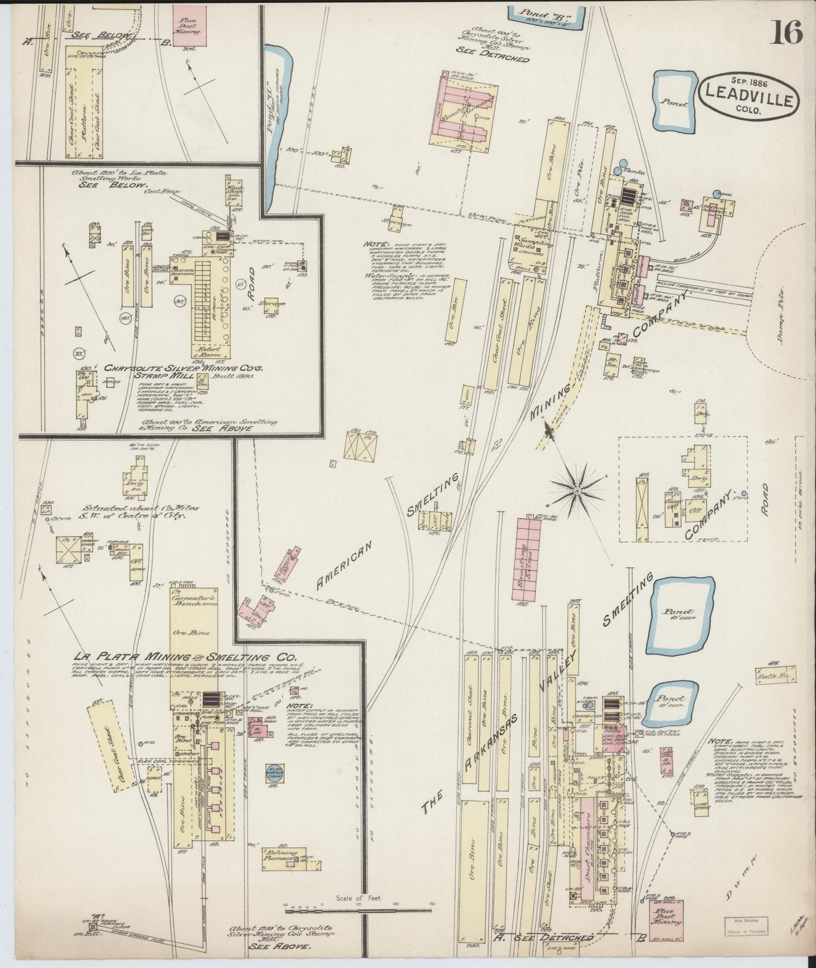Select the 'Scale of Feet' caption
pyautogui.click(x=359, y=897)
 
